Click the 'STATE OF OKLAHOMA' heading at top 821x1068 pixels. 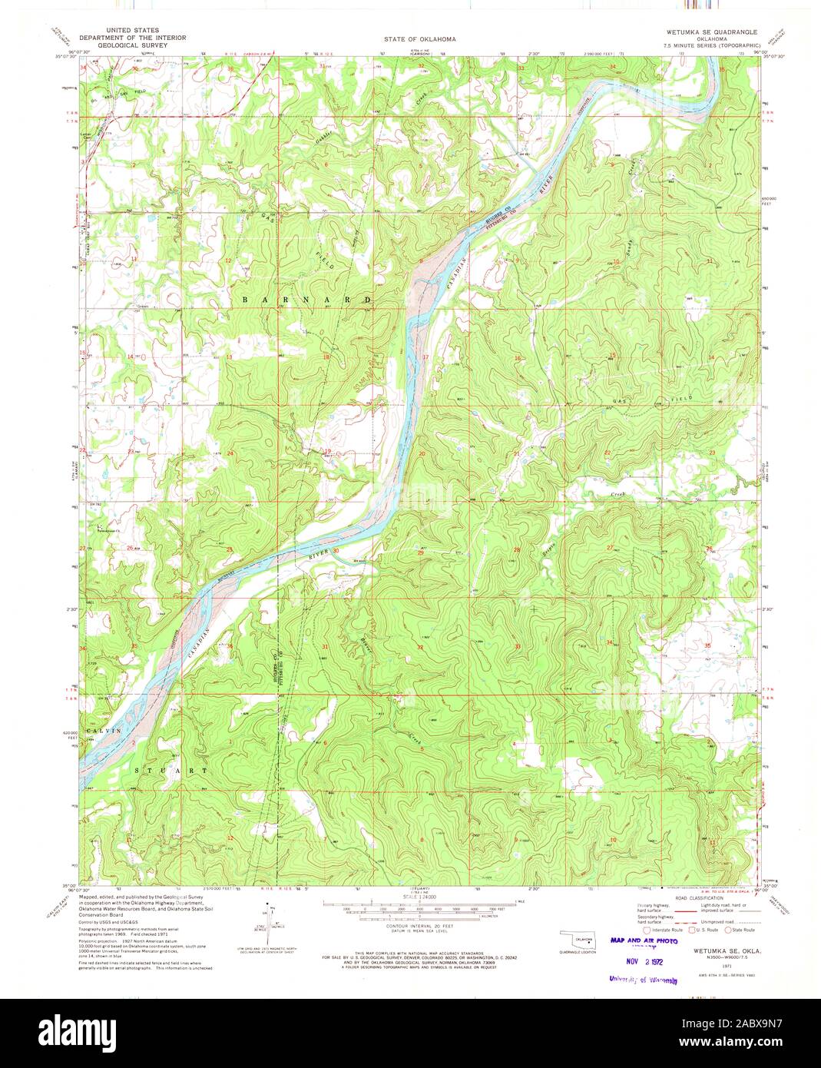coord(410,38)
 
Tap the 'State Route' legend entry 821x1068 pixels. coord(739,929)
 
